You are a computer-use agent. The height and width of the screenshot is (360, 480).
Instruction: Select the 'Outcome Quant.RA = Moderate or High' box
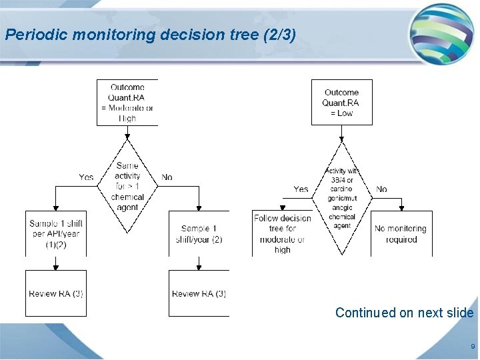click(127, 103)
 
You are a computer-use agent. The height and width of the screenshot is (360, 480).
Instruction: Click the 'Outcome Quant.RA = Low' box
click(341, 103)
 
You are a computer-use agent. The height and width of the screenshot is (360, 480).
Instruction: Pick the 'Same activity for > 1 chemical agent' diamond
click(127, 186)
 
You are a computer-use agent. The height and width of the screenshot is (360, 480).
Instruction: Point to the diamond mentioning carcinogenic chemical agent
click(341, 198)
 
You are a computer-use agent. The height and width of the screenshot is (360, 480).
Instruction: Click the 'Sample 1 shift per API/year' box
click(55, 233)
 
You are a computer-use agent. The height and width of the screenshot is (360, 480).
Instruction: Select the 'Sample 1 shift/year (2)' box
click(199, 233)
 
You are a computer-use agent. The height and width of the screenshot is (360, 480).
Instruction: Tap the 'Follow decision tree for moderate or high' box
click(282, 233)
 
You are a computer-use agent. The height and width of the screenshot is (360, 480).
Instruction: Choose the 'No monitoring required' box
click(401, 233)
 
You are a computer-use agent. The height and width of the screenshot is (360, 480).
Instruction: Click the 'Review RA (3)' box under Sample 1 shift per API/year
click(55, 293)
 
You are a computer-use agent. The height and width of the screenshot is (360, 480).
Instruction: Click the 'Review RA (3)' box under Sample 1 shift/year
click(199, 293)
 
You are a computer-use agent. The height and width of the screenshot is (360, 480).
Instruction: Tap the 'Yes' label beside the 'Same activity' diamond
click(86, 177)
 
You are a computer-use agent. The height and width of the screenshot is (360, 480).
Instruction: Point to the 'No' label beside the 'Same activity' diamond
click(167, 177)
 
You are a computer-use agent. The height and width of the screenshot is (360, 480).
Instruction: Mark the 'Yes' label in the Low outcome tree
click(301, 189)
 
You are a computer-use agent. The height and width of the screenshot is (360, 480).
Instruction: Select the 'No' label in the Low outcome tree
click(381, 189)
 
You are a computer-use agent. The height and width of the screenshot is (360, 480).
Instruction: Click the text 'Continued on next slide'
click(404, 313)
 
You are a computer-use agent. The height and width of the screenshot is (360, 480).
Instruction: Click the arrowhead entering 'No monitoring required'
click(401, 208)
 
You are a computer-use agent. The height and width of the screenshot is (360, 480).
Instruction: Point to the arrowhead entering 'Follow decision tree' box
click(282, 208)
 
